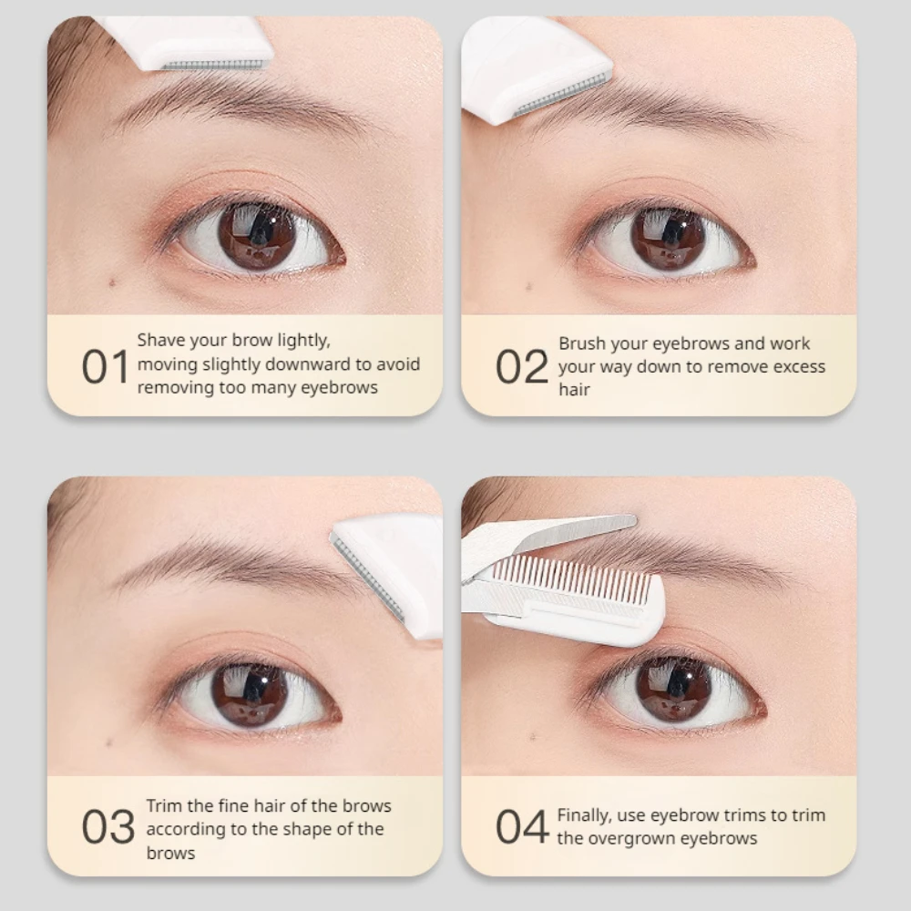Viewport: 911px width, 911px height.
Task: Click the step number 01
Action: [x=106, y=366]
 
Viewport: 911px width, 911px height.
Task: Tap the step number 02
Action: [x=522, y=366]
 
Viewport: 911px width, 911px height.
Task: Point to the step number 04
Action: [x=522, y=827]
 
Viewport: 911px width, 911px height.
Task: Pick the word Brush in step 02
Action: [x=581, y=343]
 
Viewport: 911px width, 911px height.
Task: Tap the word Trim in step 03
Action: [x=162, y=805]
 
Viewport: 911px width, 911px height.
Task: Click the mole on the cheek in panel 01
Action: [x=112, y=282]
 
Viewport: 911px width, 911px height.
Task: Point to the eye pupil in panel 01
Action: [x=258, y=235]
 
